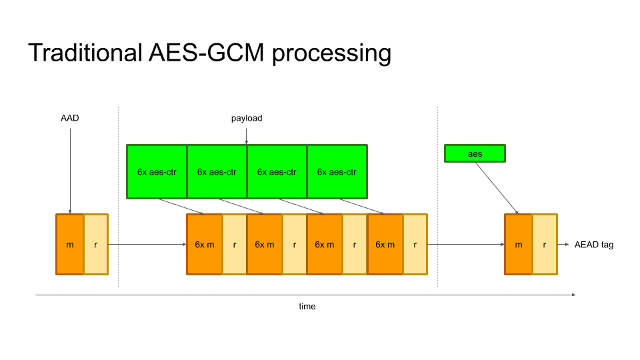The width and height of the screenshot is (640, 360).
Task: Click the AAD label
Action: point(70,118)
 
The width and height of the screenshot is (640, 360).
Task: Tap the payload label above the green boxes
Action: point(247,118)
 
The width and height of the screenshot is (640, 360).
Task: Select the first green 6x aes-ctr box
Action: point(157,171)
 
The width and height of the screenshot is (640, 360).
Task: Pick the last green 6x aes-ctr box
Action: point(337,171)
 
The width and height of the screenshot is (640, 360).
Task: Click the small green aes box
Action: point(475,153)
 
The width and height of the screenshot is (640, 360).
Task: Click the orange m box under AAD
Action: point(70,245)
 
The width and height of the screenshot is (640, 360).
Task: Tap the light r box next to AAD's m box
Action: point(95,245)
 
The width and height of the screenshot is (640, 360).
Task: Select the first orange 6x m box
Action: point(204,245)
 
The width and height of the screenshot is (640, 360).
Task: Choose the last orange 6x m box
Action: point(385,245)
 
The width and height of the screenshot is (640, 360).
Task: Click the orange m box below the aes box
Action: point(518,245)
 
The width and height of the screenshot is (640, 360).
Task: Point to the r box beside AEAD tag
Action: point(544,245)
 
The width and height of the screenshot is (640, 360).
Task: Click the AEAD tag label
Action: point(594,245)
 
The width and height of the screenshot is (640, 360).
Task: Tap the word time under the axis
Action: point(307,306)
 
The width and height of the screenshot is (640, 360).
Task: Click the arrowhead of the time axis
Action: point(573,294)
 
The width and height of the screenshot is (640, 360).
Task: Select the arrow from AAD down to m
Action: point(70,167)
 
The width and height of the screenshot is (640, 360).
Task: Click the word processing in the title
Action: point(331,53)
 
